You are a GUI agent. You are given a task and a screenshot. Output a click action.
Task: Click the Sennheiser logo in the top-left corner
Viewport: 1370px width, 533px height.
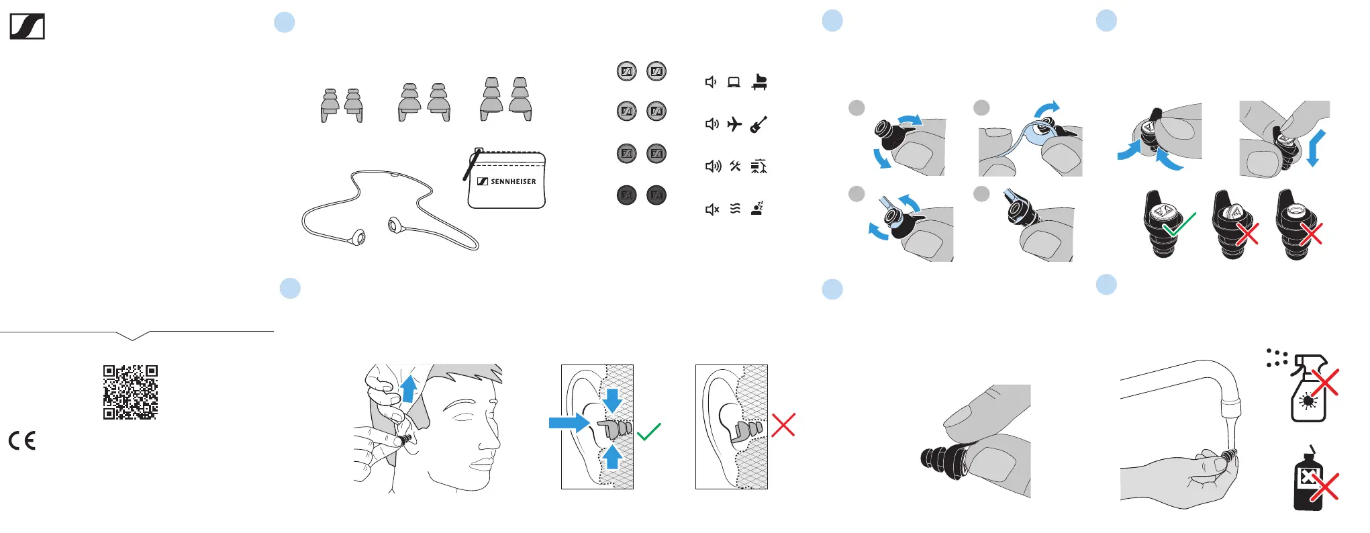28,27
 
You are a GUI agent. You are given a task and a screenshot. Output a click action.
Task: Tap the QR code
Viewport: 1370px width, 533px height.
130,392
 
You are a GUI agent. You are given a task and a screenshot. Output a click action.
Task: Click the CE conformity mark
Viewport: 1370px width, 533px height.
22,440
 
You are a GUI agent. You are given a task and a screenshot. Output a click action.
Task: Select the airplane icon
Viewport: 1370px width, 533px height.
734,124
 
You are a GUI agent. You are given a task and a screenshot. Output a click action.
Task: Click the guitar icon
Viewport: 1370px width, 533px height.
759,124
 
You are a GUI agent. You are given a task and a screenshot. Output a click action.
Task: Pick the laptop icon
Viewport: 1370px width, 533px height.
734,83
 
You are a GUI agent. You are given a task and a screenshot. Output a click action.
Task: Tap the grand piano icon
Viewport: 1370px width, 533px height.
759,82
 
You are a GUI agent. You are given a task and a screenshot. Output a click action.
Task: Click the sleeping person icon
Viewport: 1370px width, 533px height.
758,208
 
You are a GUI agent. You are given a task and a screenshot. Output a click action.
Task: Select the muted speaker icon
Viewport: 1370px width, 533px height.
712,209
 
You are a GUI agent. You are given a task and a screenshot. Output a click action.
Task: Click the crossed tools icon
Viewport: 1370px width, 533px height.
735,166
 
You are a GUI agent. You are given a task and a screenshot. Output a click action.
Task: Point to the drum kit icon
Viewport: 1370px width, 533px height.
759,166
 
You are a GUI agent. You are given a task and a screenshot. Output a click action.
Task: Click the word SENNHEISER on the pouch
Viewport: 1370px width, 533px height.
513,181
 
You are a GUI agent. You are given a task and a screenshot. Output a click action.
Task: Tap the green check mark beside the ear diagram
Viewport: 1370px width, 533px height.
649,432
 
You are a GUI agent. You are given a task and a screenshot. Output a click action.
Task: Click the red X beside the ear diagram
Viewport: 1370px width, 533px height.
783,425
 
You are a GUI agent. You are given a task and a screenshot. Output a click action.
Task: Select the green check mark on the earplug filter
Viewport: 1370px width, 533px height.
1179,224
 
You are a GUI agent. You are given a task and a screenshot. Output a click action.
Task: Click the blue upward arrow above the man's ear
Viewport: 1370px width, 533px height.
408,389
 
